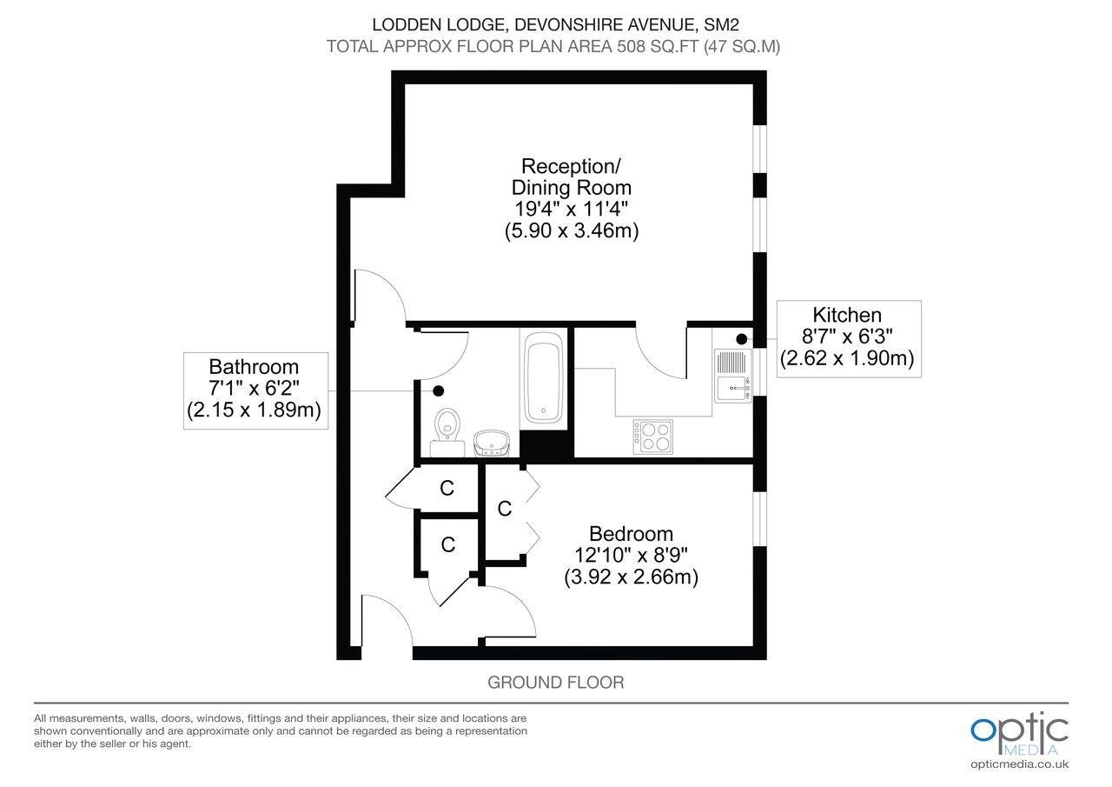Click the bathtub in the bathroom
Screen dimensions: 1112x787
click(544, 377)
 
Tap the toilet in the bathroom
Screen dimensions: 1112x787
click(447, 431)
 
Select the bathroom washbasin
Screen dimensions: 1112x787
click(492, 443)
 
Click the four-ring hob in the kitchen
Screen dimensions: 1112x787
click(653, 437)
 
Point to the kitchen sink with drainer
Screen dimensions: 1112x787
click(732, 375)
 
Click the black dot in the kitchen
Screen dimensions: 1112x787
click(742, 339)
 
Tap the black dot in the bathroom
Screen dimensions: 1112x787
click(438, 391)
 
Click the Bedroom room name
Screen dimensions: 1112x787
click(631, 534)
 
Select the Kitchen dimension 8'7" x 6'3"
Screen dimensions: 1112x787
click(847, 337)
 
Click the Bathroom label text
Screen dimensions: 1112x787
click(254, 367)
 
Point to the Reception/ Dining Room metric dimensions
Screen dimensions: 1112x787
click(572, 230)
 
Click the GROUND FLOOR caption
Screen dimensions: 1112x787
click(555, 682)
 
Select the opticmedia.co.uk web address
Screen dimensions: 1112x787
click(1020, 764)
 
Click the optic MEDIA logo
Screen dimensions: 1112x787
click(1020, 733)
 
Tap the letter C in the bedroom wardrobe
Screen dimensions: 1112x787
click(505, 509)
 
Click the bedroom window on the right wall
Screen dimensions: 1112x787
click(759, 519)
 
